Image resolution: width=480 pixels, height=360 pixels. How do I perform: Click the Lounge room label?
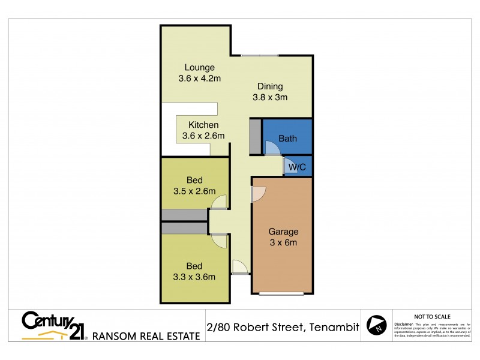click(199, 67)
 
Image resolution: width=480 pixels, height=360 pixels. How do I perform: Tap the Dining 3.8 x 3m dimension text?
click(269, 97)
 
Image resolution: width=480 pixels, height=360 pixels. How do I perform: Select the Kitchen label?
click(203, 125)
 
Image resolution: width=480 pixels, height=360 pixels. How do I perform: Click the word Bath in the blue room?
click(287, 139)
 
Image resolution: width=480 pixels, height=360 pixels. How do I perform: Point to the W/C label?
click(298, 167)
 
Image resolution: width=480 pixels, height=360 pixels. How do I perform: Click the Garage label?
click(283, 231)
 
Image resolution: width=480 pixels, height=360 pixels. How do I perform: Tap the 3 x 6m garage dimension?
click(283, 242)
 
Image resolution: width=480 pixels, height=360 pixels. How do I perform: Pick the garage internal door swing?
click(259, 193)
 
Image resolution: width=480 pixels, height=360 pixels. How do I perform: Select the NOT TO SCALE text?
click(433, 316)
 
